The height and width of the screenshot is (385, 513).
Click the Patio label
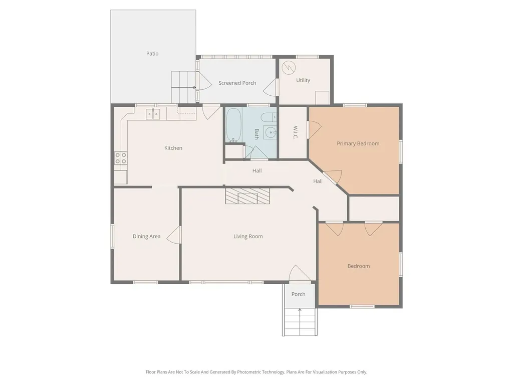click(x=152, y=53)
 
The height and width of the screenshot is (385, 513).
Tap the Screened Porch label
click(x=237, y=83)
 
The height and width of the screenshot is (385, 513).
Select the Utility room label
click(x=303, y=80)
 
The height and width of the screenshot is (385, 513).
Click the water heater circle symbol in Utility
click(x=289, y=68)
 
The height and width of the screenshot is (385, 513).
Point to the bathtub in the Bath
click(x=233, y=125)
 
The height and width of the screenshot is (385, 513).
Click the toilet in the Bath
click(x=270, y=117)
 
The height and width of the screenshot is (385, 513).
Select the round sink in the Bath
click(x=270, y=132)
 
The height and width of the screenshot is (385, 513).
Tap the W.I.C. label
click(x=295, y=132)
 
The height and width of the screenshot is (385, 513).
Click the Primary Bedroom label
click(x=358, y=143)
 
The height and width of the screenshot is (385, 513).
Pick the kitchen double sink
click(x=153, y=114)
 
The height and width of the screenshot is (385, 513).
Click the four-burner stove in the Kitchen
click(x=121, y=158)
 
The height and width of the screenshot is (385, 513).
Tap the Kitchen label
click(x=173, y=148)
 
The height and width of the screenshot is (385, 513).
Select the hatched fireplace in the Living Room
click(x=247, y=196)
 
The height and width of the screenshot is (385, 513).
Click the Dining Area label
click(x=146, y=237)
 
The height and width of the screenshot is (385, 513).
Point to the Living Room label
click(x=248, y=237)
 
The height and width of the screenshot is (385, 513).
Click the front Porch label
click(x=299, y=294)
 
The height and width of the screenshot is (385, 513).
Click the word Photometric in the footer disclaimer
click(x=251, y=372)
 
